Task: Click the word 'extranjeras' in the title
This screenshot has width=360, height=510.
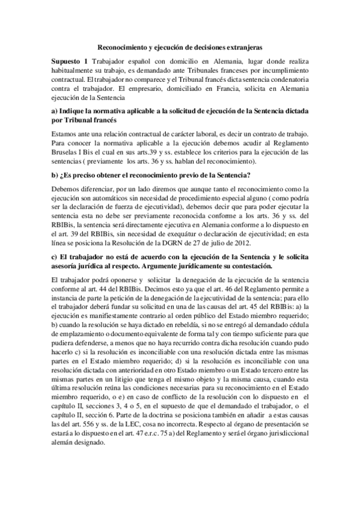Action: click(x=243, y=46)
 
